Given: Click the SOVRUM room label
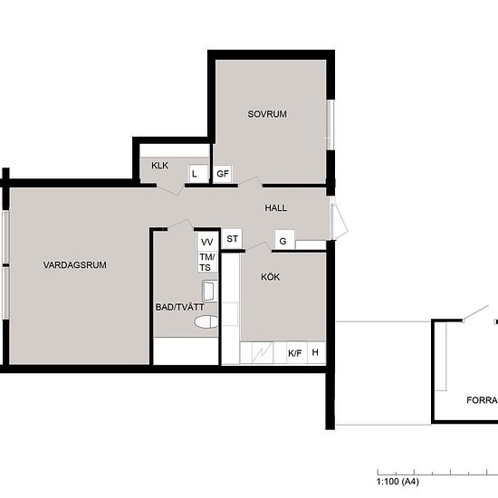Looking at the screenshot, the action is (x=267, y=114).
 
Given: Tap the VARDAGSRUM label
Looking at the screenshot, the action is (x=75, y=265).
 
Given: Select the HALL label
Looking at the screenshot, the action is (x=275, y=208).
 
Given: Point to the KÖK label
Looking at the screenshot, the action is (x=271, y=277).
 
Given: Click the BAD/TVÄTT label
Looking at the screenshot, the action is (x=180, y=307).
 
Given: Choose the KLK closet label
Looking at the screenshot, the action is (x=159, y=166).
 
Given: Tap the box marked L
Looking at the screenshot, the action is (x=198, y=174).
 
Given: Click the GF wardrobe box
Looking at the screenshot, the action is (x=223, y=174).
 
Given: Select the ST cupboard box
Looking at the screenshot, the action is (x=232, y=238).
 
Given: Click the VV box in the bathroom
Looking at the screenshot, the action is (x=207, y=242).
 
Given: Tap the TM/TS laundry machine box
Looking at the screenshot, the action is (x=207, y=262).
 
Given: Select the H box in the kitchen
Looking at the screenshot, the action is (x=316, y=352).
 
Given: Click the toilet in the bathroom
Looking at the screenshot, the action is (x=206, y=321).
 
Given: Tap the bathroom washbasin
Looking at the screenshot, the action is (x=210, y=291).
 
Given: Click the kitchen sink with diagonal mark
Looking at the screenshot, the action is (x=263, y=352).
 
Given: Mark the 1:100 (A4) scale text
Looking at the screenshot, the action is (x=398, y=482).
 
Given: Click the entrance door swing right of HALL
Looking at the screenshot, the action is (x=340, y=221).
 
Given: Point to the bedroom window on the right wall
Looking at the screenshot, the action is (x=330, y=125).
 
